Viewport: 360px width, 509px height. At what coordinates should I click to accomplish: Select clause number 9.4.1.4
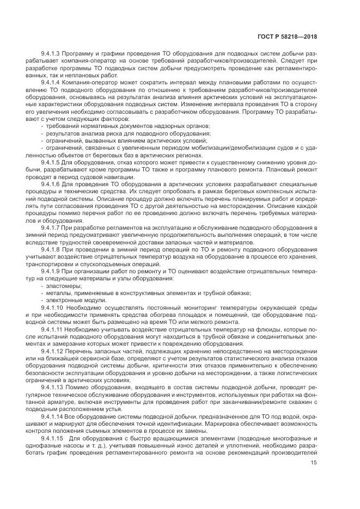click(50, 81)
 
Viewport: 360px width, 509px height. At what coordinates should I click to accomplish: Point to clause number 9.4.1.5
click(50, 162)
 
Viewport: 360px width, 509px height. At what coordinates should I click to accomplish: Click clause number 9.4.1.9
click(50, 271)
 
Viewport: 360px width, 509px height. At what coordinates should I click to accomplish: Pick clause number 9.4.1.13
click(52, 386)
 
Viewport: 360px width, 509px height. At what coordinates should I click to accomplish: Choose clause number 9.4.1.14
click(52, 415)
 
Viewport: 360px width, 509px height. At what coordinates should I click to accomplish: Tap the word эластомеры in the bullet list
click(64, 285)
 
